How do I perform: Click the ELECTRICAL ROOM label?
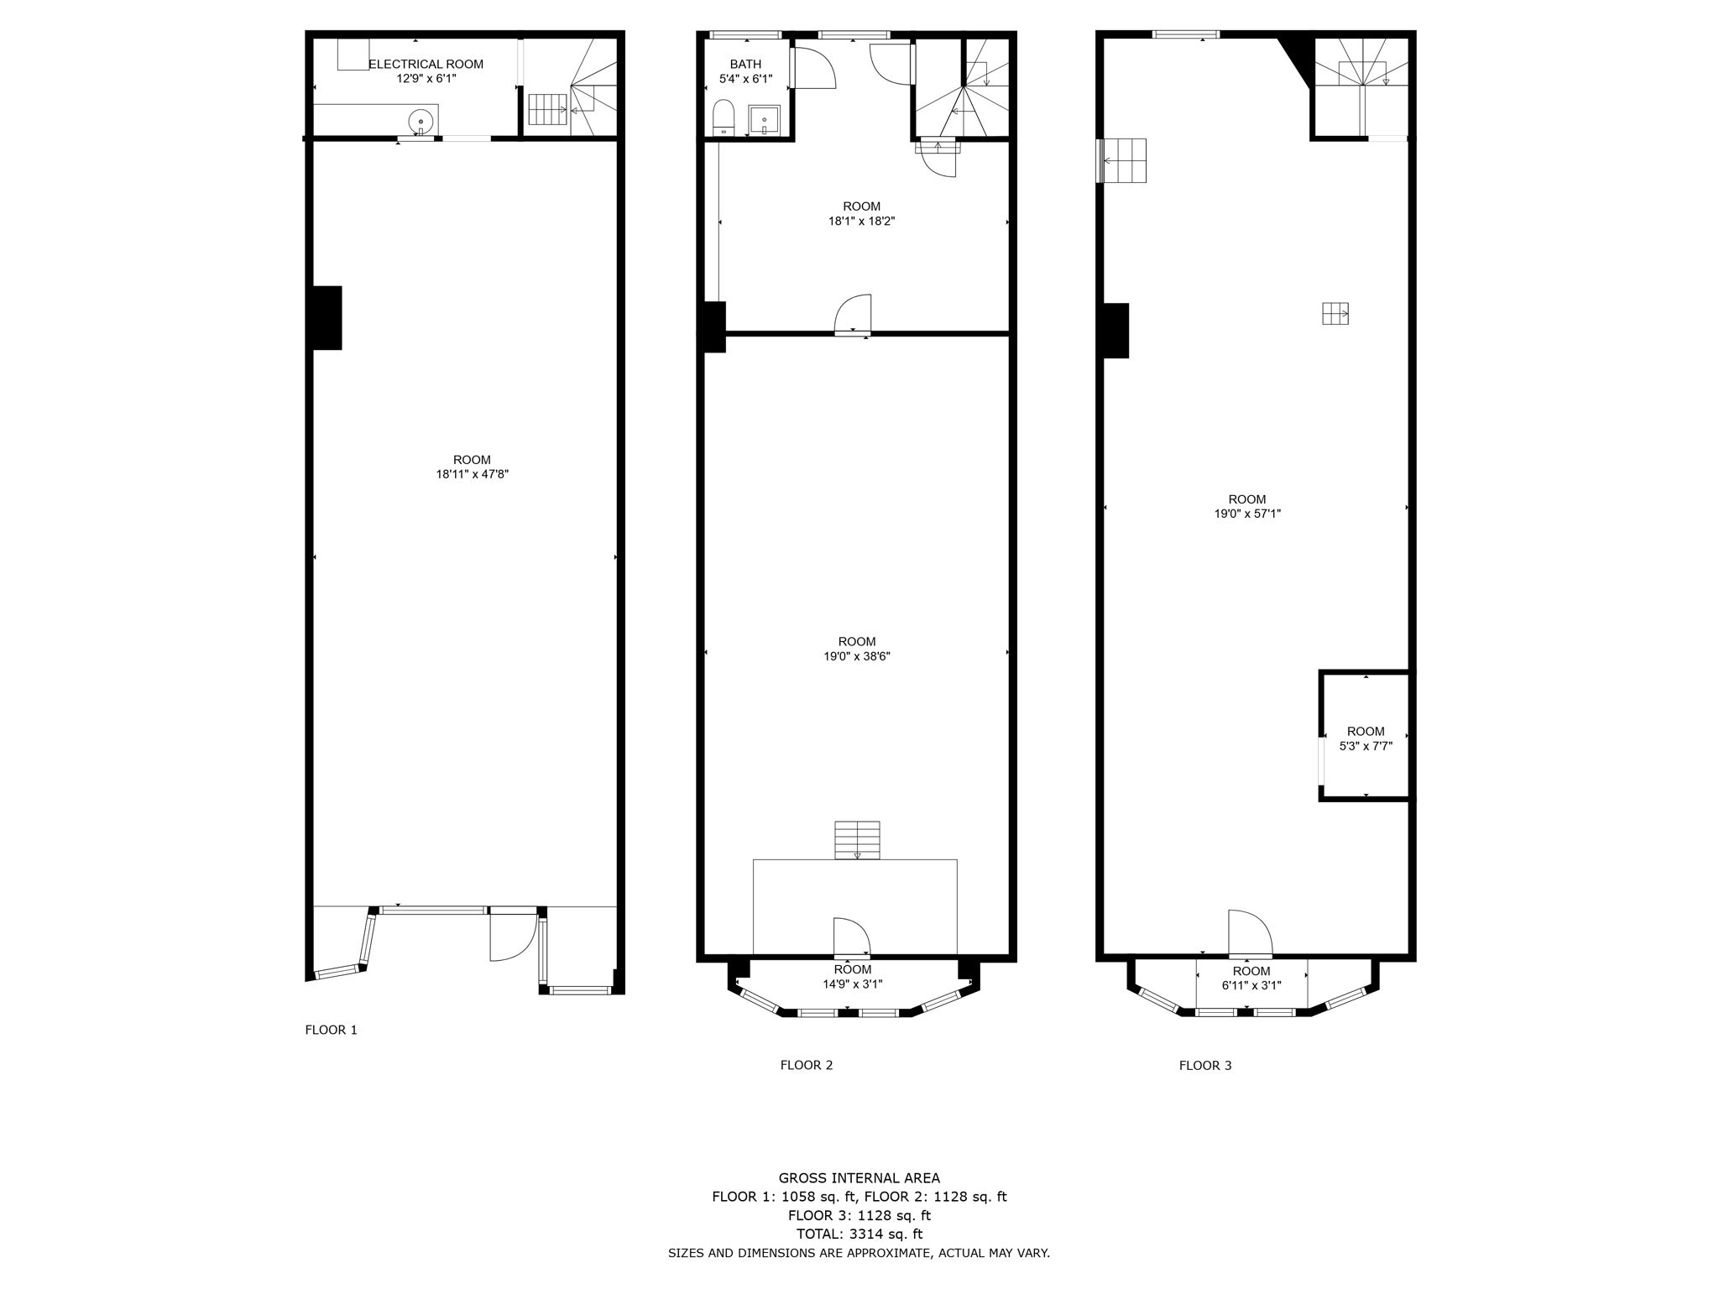(x=426, y=64)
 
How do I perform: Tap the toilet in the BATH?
(x=724, y=117)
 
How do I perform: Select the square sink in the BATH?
(x=765, y=120)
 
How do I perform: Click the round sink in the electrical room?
(x=421, y=122)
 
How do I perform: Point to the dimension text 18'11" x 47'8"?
(x=472, y=474)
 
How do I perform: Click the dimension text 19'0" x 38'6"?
(x=856, y=657)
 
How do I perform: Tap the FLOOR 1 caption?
(x=331, y=1030)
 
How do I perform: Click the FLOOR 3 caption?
(x=1205, y=1066)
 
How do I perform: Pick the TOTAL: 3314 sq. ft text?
(x=859, y=1234)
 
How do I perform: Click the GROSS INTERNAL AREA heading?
(x=859, y=1178)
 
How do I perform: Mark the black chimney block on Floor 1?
(x=327, y=317)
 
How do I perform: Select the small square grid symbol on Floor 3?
(x=1335, y=314)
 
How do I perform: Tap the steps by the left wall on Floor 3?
(x=1123, y=160)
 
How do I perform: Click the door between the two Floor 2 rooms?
(x=854, y=317)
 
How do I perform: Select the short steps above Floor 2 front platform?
(x=857, y=840)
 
